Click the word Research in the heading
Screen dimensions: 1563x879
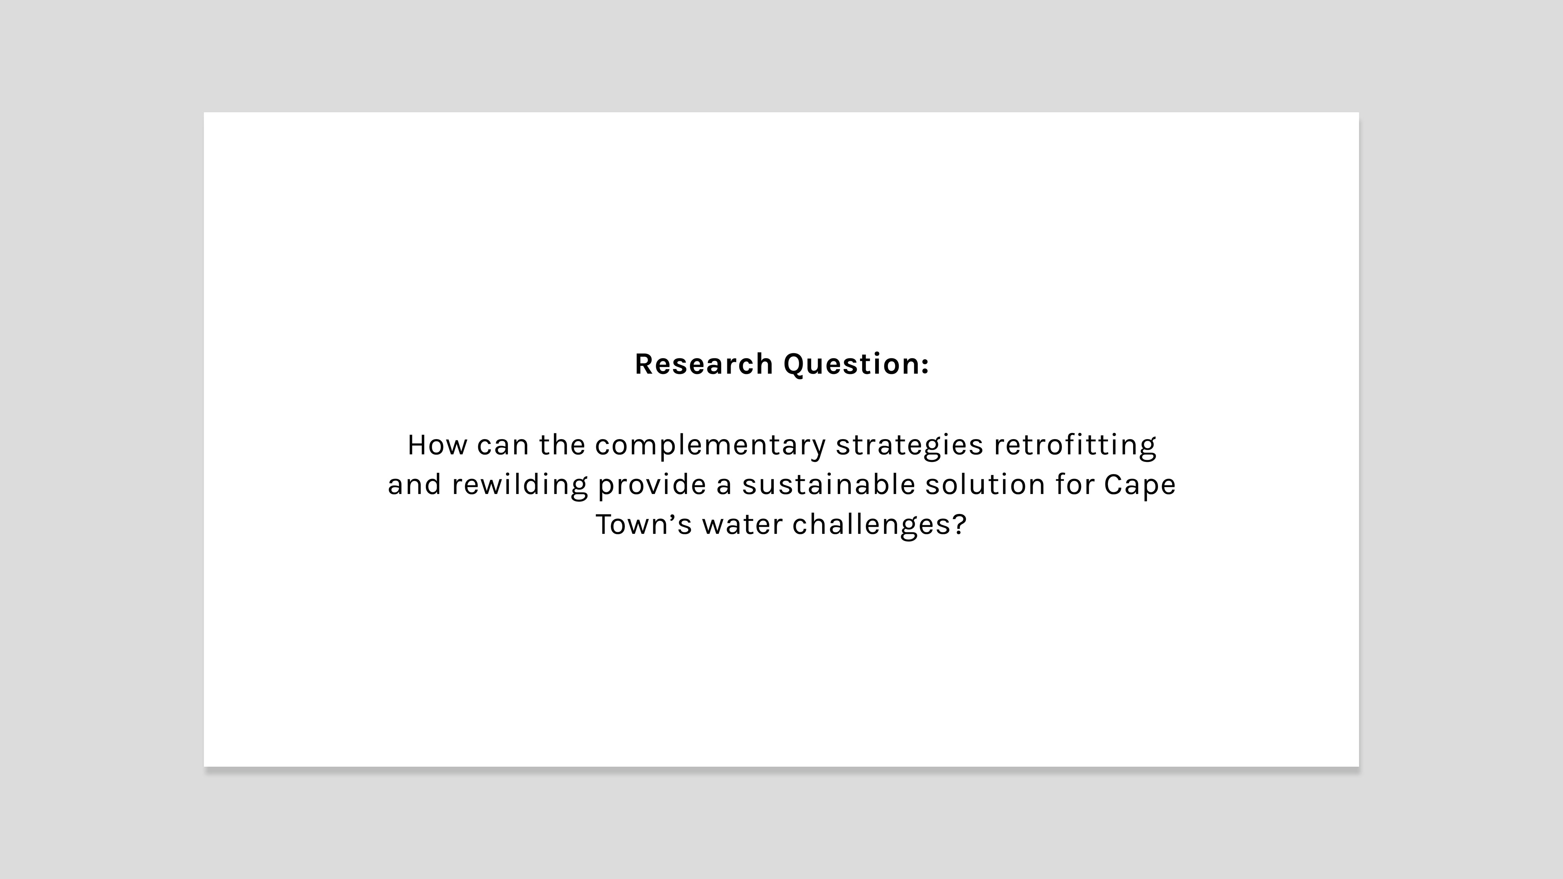pyautogui.click(x=704, y=364)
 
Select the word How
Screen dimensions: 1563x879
pyautogui.click(x=437, y=445)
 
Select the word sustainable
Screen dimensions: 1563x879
pyautogui.click(x=828, y=485)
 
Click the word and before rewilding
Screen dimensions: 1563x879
pyautogui.click(x=414, y=485)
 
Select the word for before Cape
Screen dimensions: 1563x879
pyautogui.click(x=1075, y=485)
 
